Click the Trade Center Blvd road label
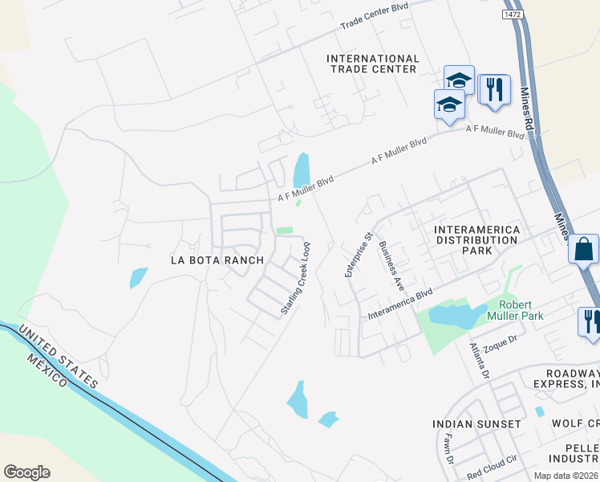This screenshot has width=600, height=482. (x=374, y=18)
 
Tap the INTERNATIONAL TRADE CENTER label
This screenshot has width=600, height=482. (x=373, y=64)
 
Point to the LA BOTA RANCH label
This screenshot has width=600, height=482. (x=217, y=260)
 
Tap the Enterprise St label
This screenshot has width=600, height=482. (x=350, y=255)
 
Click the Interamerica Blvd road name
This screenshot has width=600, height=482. (x=399, y=305)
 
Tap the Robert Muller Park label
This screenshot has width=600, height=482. (x=521, y=310)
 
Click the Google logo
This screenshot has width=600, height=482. (x=27, y=472)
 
